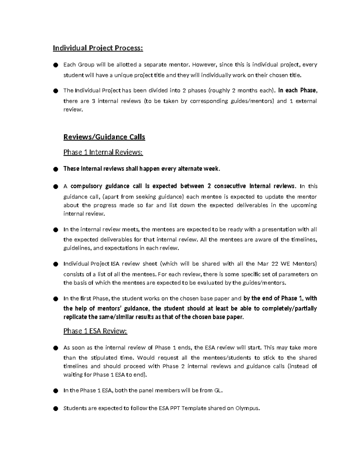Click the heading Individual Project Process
[98, 48]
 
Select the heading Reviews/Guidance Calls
[104, 137]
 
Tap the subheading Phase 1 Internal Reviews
[103, 152]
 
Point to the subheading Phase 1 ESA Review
[95, 331]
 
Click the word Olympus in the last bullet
[247, 408]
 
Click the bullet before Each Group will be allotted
[55, 65]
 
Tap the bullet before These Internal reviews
[55, 169]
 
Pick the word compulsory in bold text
[86, 186]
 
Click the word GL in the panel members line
[217, 390]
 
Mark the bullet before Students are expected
[55, 409]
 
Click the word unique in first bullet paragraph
[123, 75]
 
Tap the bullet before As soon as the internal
[55, 348]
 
